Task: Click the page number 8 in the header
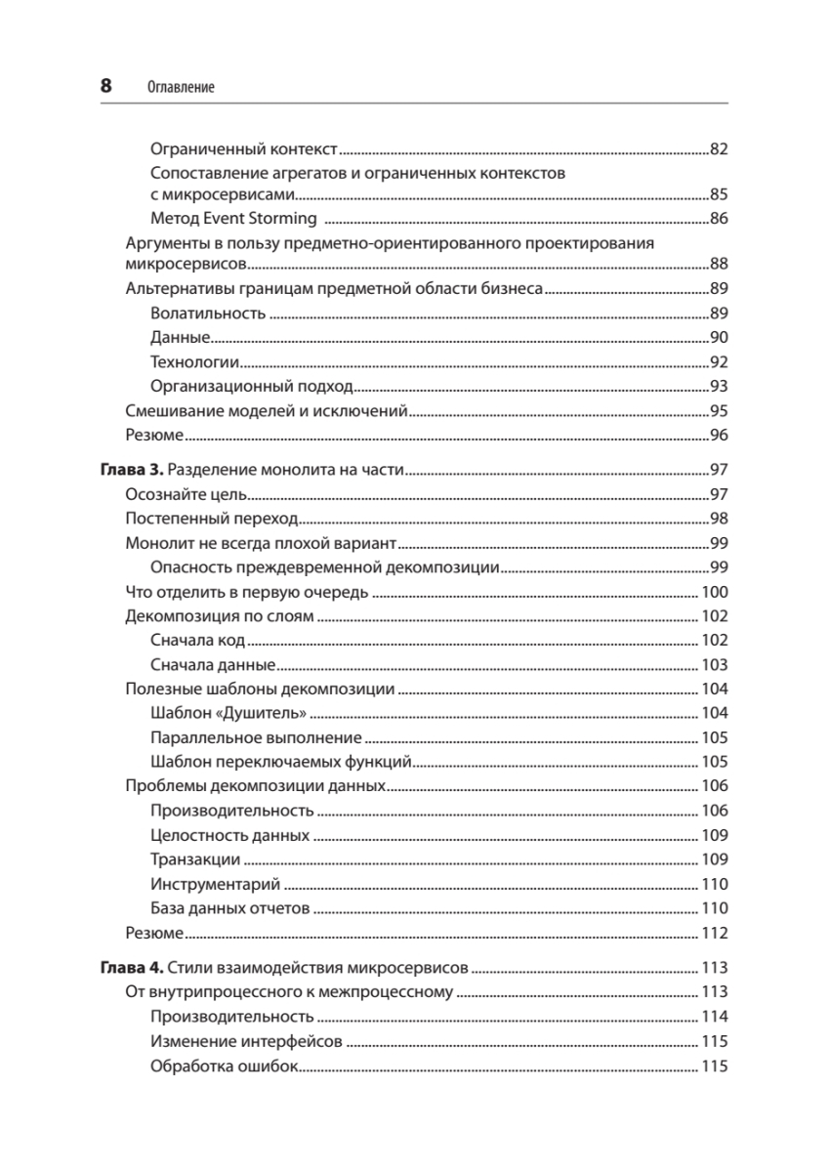tap(106, 86)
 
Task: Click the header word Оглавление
tap(180, 88)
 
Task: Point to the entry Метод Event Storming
tap(234, 218)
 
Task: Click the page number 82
tap(719, 149)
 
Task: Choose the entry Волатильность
tap(209, 314)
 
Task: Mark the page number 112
tap(716, 933)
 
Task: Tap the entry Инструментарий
tap(216, 885)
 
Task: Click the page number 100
tap(716, 592)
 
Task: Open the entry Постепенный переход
tap(212, 519)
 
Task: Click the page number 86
tap(719, 218)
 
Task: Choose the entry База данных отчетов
tap(230, 909)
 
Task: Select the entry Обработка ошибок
tap(223, 1066)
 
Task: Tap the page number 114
tap(716, 1017)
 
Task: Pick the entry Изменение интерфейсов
tap(246, 1041)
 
